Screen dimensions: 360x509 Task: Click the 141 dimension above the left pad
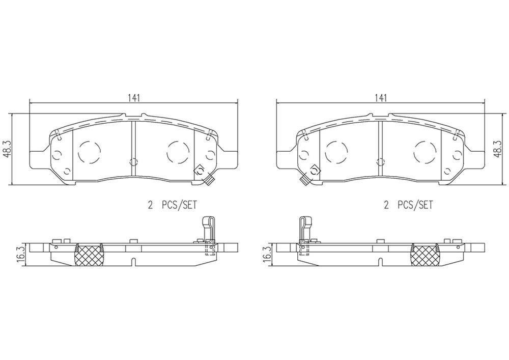134,98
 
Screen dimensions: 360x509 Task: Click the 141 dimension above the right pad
380,98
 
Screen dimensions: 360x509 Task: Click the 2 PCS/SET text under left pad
172,205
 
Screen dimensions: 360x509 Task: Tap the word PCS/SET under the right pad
415,205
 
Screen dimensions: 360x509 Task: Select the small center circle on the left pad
133,162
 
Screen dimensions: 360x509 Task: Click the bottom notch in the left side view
133,263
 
